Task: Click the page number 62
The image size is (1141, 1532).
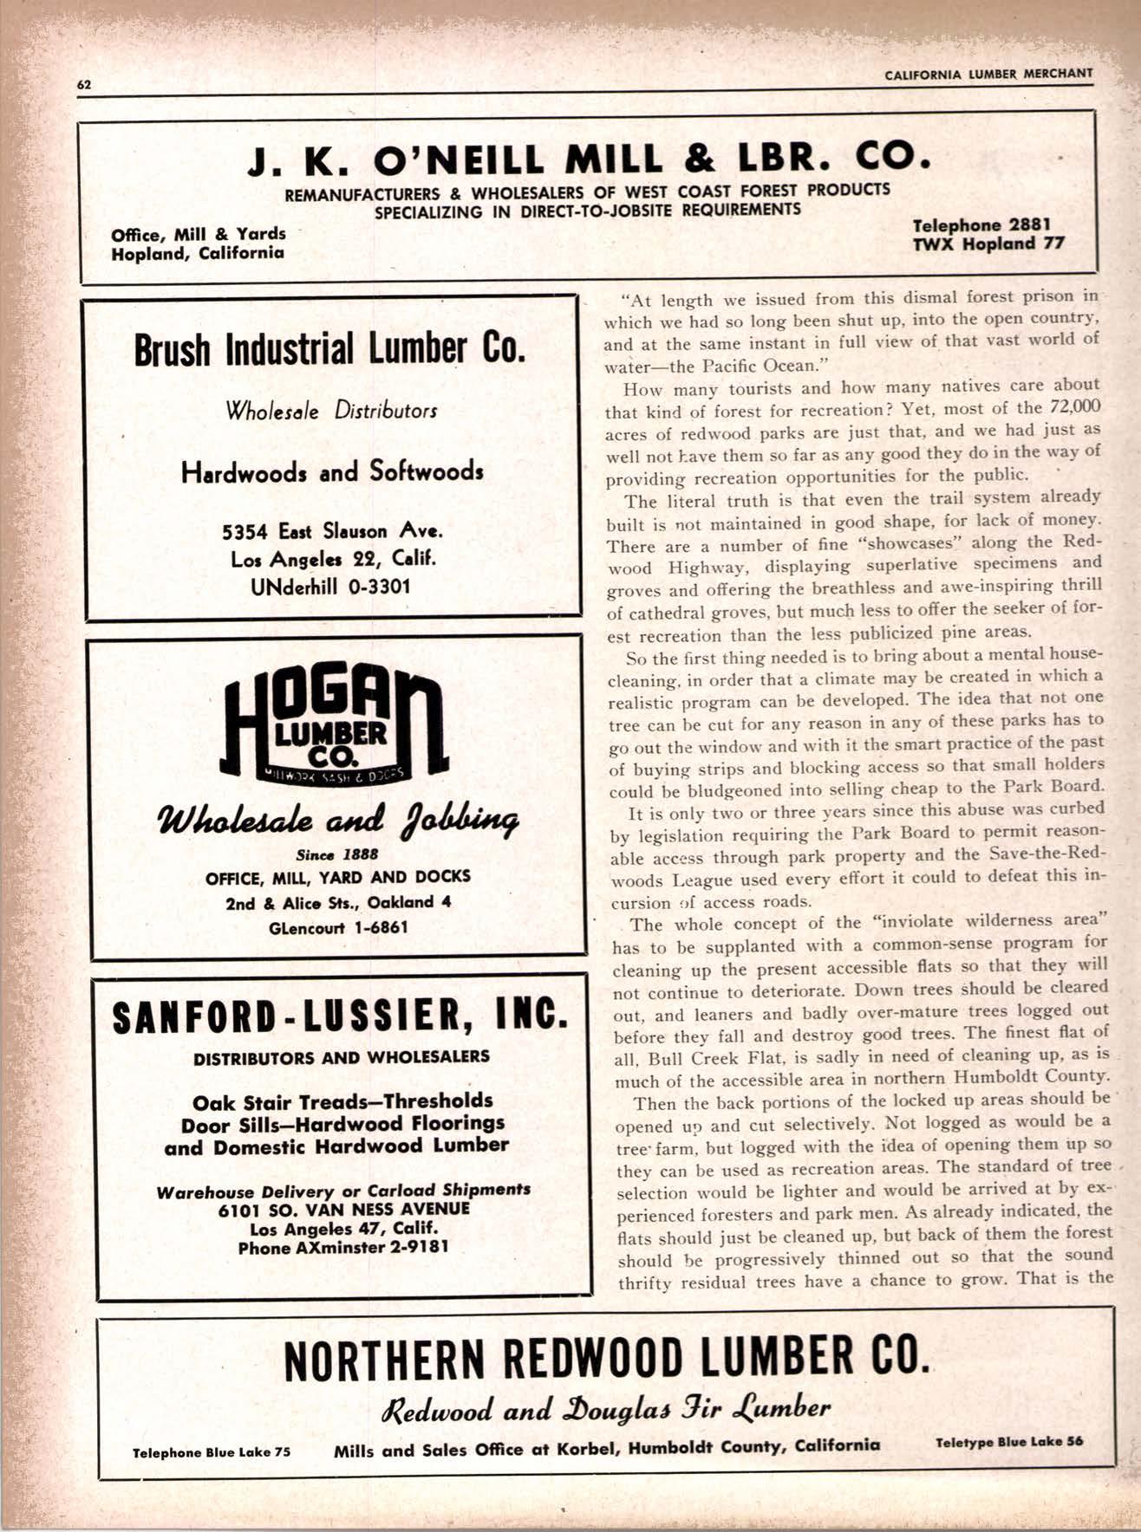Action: pos(84,84)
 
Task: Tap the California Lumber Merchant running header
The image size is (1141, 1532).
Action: pos(988,75)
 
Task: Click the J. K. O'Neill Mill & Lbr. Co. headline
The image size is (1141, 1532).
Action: pos(589,159)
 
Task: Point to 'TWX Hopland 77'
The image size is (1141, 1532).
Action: pos(988,243)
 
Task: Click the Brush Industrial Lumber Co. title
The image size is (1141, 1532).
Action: pos(329,349)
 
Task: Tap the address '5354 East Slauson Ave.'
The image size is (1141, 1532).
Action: pos(332,530)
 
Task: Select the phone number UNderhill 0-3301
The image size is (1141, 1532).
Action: pos(330,587)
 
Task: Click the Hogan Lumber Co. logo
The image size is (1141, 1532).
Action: pos(334,727)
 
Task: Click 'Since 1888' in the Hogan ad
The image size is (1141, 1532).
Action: pos(336,854)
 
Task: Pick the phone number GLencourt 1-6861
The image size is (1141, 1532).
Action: pos(338,927)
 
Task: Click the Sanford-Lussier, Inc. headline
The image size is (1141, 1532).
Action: pos(341,1016)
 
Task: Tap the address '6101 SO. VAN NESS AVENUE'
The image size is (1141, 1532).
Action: pos(344,1209)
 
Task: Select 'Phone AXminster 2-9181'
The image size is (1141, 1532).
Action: pos(344,1248)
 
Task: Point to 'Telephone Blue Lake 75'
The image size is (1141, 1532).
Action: pos(212,1452)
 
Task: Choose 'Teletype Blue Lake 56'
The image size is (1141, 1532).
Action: pos(1009,1442)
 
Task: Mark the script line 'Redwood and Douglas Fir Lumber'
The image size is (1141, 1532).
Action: pos(606,1408)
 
